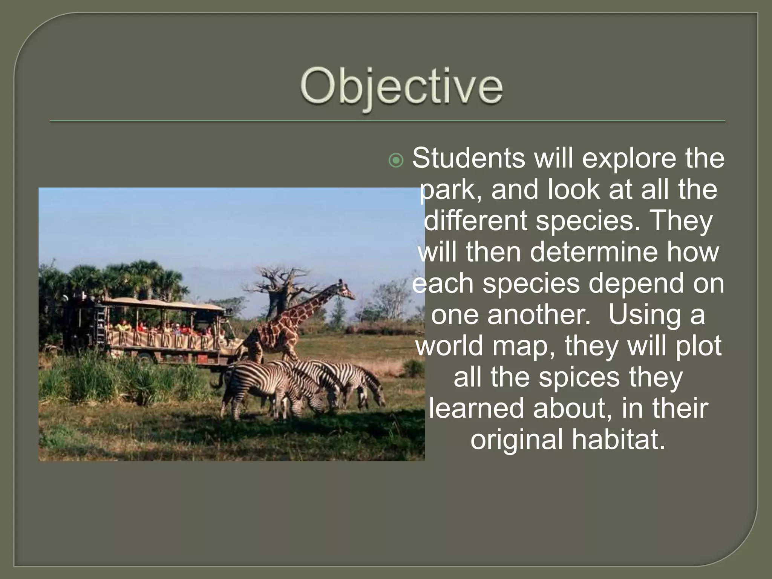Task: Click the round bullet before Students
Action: click(x=396, y=161)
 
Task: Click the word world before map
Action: click(x=449, y=346)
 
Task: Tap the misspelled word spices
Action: click(x=579, y=377)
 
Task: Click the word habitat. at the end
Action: click(x=618, y=439)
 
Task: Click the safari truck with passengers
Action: click(x=151, y=328)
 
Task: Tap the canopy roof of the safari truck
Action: click(x=162, y=304)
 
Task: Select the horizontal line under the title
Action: click(x=387, y=121)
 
